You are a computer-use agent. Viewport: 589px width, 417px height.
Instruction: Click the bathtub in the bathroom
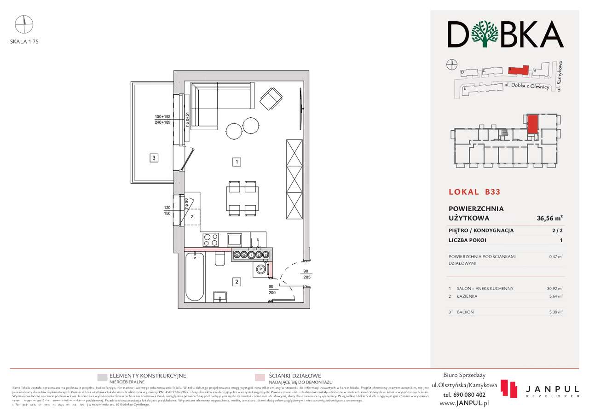pyautogui.click(x=194, y=276)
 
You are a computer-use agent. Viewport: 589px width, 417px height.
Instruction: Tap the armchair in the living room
pyautogui.click(x=271, y=98)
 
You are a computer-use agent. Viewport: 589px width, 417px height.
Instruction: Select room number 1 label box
pyautogui.click(x=236, y=162)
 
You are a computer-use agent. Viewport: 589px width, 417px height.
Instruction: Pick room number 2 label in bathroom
pyautogui.click(x=236, y=282)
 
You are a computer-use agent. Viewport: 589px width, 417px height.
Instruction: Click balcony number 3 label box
pyautogui.click(x=155, y=158)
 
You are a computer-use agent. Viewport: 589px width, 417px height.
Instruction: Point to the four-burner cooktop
pyautogui.click(x=211, y=240)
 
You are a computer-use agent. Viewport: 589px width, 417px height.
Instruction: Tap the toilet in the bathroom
pyautogui.click(x=219, y=260)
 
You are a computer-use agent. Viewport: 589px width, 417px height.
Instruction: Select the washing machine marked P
pyautogui.click(x=260, y=270)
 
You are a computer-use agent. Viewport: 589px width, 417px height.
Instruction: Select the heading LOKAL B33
pyautogui.click(x=474, y=192)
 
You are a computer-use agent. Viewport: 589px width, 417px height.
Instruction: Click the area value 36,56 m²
pyautogui.click(x=550, y=219)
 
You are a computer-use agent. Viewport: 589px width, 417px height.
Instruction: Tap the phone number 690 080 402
pyautogui.click(x=464, y=394)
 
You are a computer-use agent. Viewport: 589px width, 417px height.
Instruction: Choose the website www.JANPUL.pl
pyautogui.click(x=464, y=403)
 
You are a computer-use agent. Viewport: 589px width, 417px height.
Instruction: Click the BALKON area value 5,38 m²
pyautogui.click(x=556, y=312)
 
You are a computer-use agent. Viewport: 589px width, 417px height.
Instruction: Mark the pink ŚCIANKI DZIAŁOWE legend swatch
pyautogui.click(x=260, y=378)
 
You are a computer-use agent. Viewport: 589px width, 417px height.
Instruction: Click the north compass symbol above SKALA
pyautogui.click(x=24, y=22)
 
